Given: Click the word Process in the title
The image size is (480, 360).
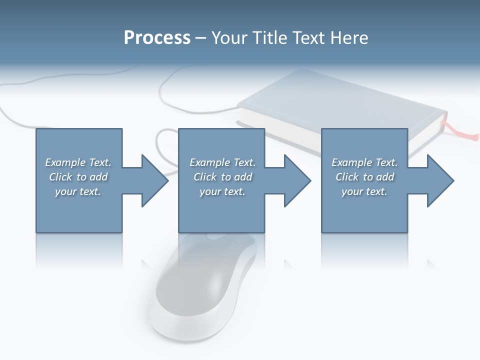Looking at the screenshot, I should [157, 37].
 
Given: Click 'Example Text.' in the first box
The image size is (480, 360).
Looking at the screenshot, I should [78, 162].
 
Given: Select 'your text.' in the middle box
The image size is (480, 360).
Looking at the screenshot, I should [222, 191].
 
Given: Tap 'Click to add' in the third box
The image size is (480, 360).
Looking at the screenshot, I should [364, 177].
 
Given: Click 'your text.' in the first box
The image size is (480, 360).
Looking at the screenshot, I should [78, 191].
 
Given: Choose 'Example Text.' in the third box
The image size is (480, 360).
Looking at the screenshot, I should [364, 162].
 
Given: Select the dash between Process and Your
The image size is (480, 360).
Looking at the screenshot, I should [200, 38].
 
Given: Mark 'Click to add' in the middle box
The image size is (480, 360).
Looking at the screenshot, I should [222, 177].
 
